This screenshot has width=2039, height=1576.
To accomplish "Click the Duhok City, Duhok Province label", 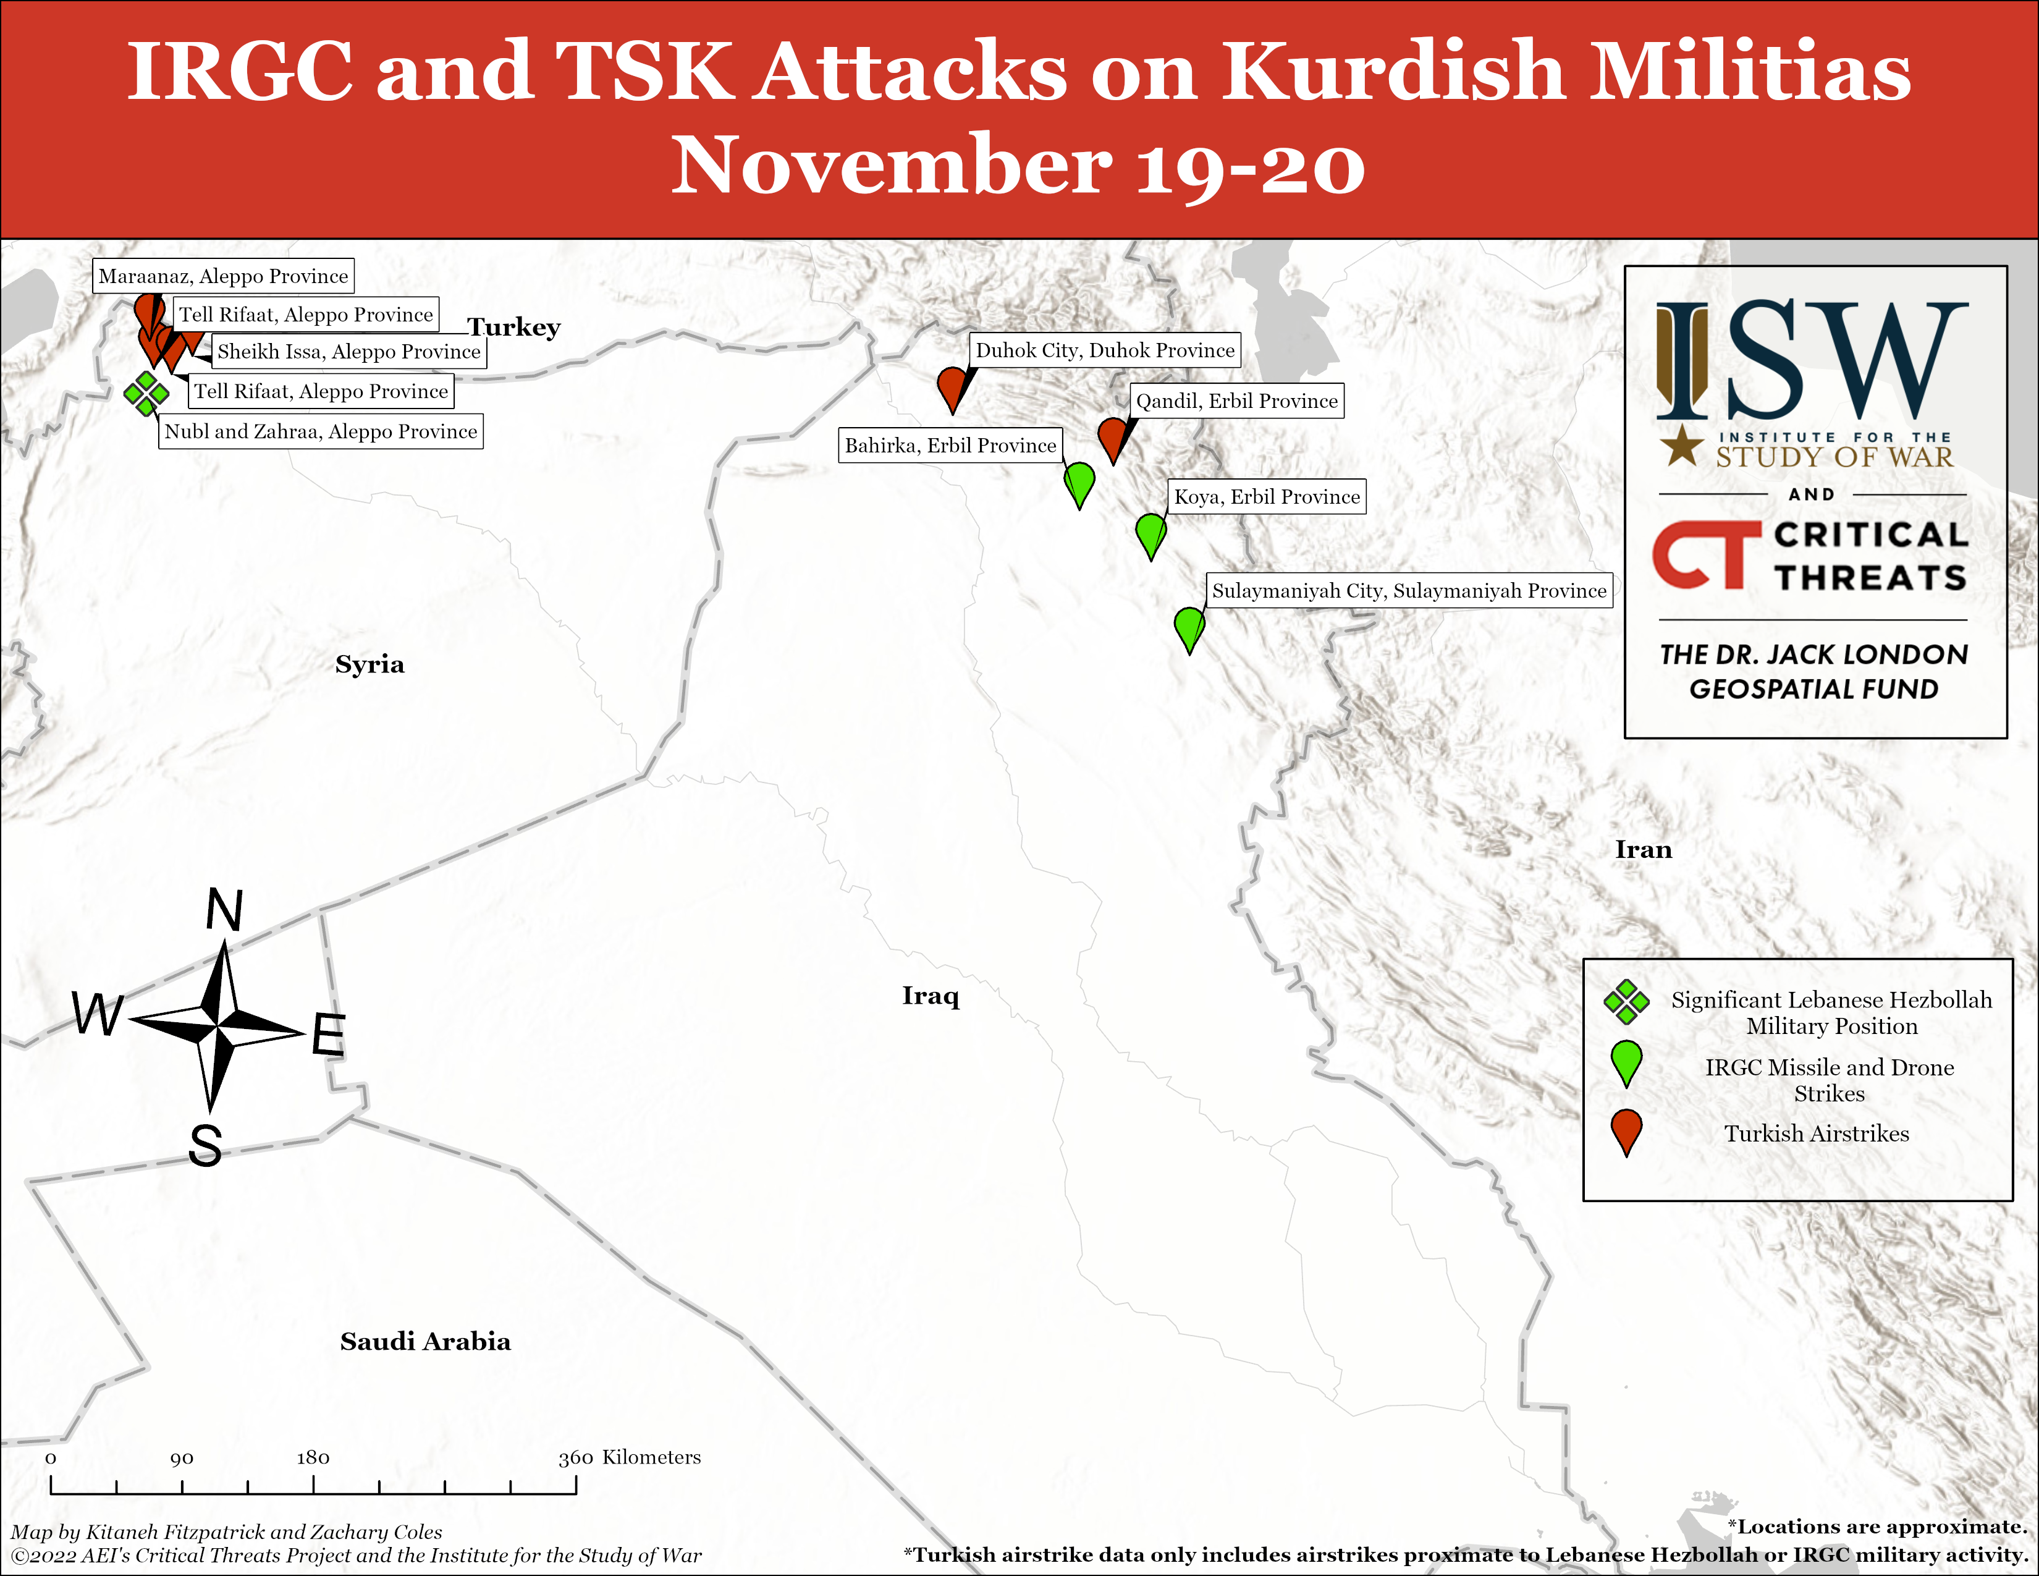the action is pos(1105,350).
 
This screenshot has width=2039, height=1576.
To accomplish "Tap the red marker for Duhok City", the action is pos(952,388).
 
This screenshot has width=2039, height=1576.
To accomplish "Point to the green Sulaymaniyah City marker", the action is pos(1189,629).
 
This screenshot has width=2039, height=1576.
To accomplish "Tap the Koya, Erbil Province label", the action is pos(1267,497).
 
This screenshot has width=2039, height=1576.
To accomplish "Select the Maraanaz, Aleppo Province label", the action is pos(223,276).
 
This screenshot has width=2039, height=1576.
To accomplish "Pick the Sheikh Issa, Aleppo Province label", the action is pos(348,351).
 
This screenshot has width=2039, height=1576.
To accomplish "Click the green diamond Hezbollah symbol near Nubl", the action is pos(146,393).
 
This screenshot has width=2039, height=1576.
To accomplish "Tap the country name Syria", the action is pos(369,664).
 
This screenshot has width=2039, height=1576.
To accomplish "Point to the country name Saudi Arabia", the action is pos(425,1342).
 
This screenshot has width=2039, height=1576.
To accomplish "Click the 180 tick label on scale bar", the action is pos(313,1457).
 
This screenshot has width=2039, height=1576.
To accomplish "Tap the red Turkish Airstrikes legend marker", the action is pos(1626,1132).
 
